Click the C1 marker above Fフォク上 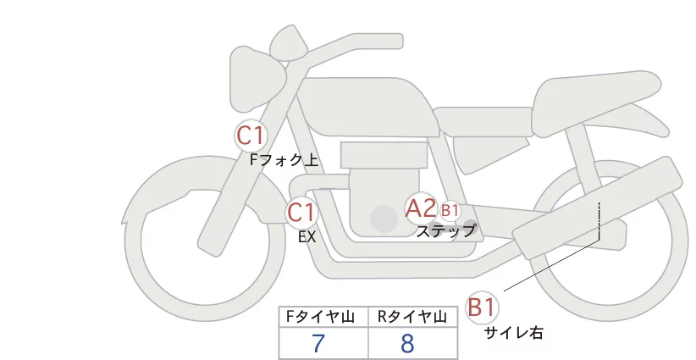coord(251,136)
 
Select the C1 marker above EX coord(301,213)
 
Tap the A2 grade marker coord(420,208)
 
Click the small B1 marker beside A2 coord(450,210)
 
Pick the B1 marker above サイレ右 coord(481,307)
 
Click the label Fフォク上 coord(284,160)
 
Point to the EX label coord(307,237)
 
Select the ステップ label coord(445,231)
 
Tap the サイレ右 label coord(513,333)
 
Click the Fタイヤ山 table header coord(320,317)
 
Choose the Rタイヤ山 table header coord(412,317)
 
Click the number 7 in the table coord(318,343)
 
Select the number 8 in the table coord(407,343)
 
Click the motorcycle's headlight coord(257,80)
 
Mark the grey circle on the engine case coord(384,219)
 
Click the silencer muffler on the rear coord(597,204)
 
